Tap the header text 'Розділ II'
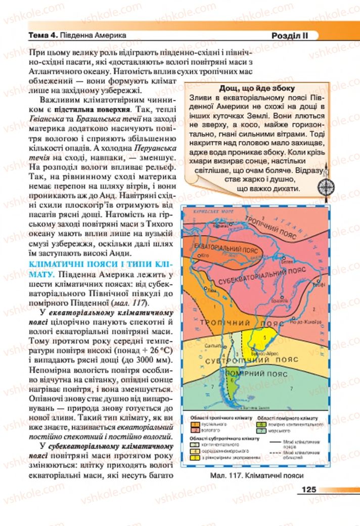tap(289, 36)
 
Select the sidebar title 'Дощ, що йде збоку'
tap(254, 87)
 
